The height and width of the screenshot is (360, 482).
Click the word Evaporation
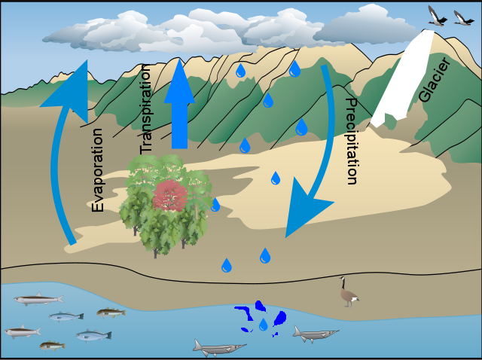coord(98,169)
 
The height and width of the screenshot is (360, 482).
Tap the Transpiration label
coord(146,108)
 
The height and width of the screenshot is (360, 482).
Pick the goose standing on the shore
coord(348,293)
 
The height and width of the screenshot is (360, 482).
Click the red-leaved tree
coord(171,197)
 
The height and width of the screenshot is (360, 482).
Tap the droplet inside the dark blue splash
coord(263,325)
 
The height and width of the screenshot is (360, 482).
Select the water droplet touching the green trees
coord(215,204)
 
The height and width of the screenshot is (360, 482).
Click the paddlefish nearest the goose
coord(316,333)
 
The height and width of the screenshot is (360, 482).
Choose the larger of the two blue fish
coord(92,335)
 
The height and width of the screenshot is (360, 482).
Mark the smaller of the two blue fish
coord(66,316)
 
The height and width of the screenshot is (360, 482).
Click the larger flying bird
coord(438,16)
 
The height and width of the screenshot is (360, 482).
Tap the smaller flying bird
coord(462,17)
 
